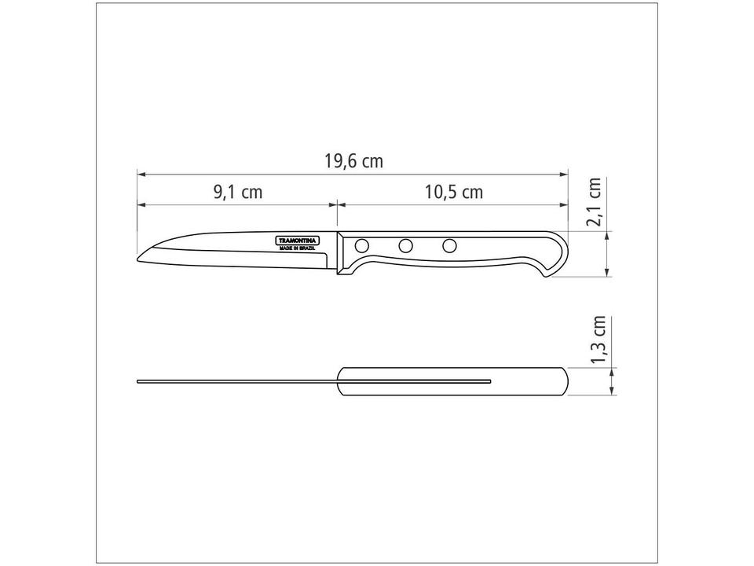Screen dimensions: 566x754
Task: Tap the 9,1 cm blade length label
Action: point(237,193)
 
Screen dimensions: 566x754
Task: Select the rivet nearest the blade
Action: point(361,246)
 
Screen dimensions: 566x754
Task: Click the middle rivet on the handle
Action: point(405,246)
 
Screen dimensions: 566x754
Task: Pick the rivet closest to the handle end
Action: point(449,246)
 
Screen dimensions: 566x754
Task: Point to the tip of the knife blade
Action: point(139,259)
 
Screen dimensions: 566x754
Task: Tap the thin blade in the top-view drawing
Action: point(236,381)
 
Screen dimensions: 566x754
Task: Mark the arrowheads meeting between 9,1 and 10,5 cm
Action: point(338,204)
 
